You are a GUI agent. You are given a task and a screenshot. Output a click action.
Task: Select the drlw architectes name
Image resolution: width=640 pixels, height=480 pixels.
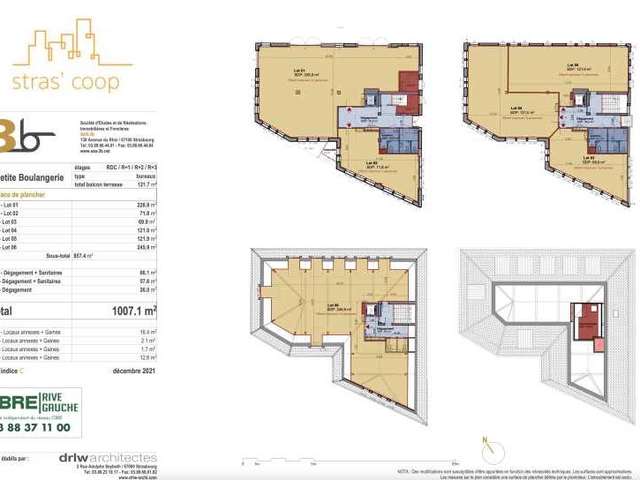click(108, 457)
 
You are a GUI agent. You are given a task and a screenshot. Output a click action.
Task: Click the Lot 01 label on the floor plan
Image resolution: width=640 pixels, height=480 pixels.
click(298, 71)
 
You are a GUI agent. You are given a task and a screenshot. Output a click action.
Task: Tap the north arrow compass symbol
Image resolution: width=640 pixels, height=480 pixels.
click(484, 448)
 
